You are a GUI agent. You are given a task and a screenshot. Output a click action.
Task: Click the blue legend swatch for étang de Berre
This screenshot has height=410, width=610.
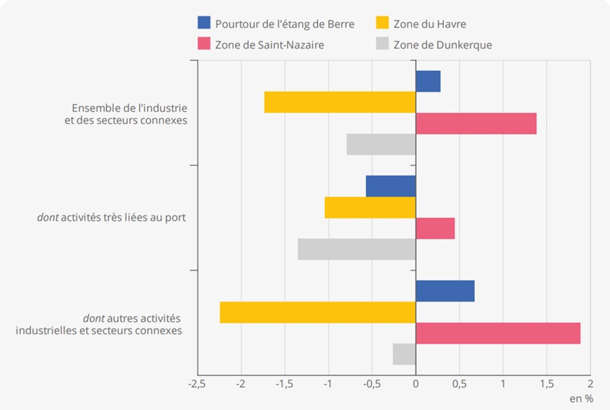coord(204,23)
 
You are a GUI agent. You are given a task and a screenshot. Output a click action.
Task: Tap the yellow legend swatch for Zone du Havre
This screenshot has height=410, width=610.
coord(382,23)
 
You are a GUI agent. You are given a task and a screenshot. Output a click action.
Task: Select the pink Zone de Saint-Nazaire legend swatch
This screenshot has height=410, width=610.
coord(204,43)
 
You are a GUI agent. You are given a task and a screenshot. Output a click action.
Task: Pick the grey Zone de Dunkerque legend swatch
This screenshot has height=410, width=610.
coord(382,43)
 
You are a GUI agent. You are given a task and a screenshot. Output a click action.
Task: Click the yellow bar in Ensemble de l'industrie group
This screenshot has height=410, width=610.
coord(340,102)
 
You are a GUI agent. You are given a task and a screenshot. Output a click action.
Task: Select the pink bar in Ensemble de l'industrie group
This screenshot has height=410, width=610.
coord(476,124)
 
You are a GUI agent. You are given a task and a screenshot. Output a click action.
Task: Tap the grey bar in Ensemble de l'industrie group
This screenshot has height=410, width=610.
coord(381,144)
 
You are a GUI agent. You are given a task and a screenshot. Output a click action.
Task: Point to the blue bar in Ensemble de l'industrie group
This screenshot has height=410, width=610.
coord(428,81)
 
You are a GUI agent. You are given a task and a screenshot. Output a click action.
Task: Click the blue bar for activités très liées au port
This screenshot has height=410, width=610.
coord(391,186)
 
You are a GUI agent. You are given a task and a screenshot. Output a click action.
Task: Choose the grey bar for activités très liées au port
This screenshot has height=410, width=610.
coord(357,249)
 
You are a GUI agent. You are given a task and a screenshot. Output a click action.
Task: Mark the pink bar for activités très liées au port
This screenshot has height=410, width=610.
coord(435,228)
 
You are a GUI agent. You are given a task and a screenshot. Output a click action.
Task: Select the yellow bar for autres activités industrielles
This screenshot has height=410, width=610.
coord(318,312)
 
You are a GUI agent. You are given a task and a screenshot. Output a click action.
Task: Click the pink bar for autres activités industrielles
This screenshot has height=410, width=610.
coord(498,333)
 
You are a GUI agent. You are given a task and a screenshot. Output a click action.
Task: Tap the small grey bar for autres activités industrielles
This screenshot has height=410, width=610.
coord(404,354)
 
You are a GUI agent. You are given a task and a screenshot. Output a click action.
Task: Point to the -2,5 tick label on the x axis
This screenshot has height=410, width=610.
coord(197,384)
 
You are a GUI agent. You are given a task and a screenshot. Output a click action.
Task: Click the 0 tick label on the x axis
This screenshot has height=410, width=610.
coord(415,384)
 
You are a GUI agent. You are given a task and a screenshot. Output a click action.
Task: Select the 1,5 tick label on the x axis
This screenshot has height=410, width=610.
coord(547,384)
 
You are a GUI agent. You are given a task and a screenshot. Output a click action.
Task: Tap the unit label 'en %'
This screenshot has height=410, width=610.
coord(581,398)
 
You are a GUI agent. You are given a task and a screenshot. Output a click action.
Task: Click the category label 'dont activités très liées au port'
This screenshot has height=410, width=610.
coord(111,218)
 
